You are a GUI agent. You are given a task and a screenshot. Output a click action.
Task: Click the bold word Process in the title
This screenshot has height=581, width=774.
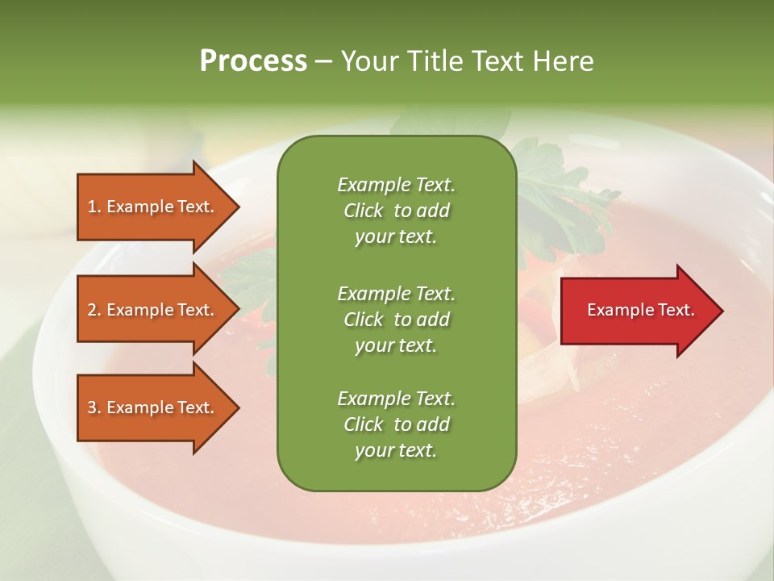click(x=253, y=61)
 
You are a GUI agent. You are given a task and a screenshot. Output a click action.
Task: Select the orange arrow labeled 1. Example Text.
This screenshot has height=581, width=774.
click(x=153, y=207)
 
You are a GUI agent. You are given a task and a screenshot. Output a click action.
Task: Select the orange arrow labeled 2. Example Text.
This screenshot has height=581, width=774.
click(x=153, y=310)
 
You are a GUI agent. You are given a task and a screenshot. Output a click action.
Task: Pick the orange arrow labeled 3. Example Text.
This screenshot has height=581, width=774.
click(x=153, y=408)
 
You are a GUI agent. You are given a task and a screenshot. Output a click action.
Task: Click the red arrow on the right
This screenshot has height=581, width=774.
click(x=637, y=311)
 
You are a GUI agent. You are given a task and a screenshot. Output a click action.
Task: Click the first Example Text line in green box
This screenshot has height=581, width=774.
click(x=396, y=185)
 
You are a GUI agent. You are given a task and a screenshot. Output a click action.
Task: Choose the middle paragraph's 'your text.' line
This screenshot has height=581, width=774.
click(x=396, y=345)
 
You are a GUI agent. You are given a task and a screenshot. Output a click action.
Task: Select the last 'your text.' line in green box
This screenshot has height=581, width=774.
click(x=396, y=451)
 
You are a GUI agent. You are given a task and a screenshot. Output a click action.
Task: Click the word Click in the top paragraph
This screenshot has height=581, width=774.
click(x=364, y=211)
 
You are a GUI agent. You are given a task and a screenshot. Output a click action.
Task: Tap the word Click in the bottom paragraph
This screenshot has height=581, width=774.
click(x=364, y=424)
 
